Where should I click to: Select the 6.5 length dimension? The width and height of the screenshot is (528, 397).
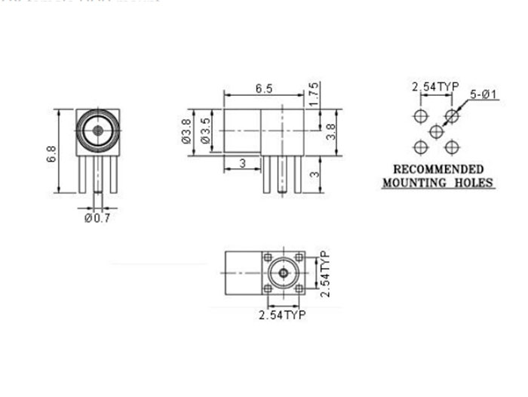(263, 89)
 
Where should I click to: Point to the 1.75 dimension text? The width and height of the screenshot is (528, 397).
(314, 94)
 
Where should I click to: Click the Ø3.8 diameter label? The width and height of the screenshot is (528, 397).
(185, 133)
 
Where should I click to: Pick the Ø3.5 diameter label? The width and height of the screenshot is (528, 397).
(204, 133)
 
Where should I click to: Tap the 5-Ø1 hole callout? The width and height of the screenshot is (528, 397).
(483, 94)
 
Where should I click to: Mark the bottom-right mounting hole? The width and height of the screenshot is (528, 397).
(451, 146)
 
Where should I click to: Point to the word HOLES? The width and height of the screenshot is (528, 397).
(472, 183)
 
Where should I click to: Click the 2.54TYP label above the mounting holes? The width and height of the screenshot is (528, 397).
(435, 88)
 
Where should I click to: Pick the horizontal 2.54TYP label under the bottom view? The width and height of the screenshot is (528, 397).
(282, 315)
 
